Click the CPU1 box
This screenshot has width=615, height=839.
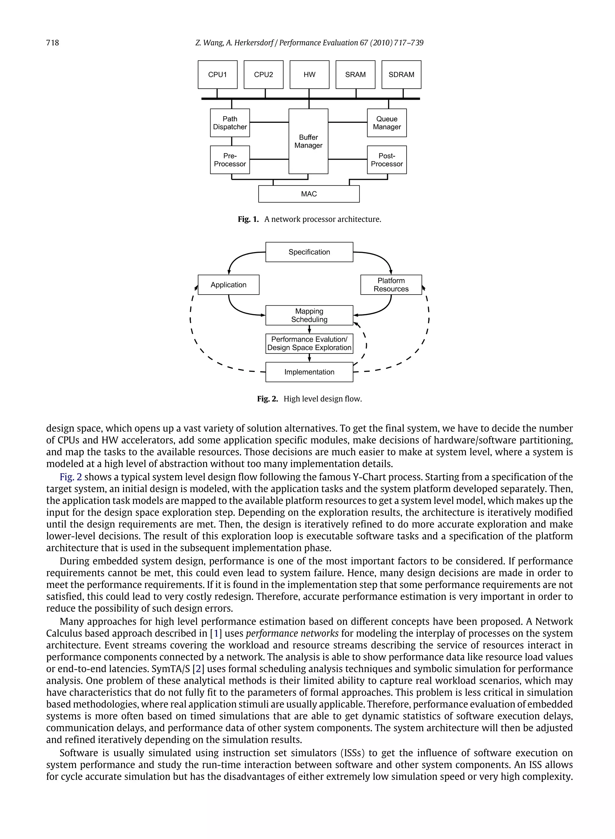point(217,74)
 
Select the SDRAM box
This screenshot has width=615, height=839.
point(401,74)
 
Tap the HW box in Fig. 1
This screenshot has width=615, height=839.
point(309,74)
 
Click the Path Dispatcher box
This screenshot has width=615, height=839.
point(230,123)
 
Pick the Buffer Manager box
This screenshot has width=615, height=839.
point(308,141)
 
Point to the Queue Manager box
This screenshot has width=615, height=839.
point(387,123)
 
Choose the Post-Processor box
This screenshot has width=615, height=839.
point(387,160)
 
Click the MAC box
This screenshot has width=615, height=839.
point(309,194)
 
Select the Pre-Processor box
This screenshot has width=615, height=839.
point(230,160)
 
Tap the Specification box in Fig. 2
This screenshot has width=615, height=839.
point(309,252)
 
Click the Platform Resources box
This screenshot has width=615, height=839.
point(391,285)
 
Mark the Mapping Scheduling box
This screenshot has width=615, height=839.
point(309,315)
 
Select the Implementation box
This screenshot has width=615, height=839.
point(309,372)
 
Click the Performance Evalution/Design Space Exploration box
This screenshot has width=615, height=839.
point(309,344)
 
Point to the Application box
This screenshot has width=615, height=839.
point(229,285)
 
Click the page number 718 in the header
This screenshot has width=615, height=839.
point(53,43)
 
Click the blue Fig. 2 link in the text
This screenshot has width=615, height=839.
point(71,477)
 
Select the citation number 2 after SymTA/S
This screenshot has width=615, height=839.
point(198,669)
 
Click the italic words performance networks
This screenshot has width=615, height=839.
point(292,633)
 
